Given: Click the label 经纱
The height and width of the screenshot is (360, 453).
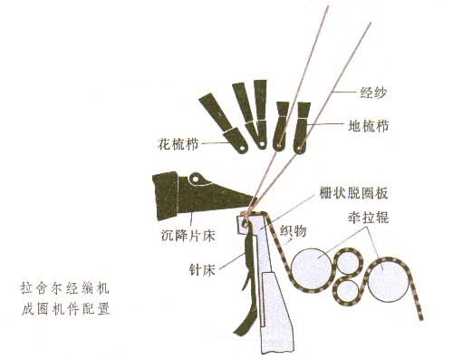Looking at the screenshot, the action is [373, 92].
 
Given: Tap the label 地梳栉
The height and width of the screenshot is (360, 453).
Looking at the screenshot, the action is [369, 126].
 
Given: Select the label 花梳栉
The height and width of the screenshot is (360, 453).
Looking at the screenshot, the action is [178, 144].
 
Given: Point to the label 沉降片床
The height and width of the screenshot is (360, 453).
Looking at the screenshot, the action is [188, 236].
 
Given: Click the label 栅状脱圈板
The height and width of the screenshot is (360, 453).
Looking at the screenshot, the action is [354, 193].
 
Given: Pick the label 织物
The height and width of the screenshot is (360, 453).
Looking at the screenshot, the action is [294, 231].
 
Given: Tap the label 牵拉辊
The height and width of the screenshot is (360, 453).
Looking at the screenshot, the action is [368, 218].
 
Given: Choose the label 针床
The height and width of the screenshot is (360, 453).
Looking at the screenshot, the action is [202, 269].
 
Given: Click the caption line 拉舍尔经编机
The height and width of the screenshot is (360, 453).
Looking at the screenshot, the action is [64, 288].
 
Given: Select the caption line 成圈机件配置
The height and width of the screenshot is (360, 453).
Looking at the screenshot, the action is [65, 309].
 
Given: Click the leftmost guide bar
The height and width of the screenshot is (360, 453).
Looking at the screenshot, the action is [224, 122].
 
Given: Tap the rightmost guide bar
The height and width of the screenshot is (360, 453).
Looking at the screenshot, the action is [303, 128].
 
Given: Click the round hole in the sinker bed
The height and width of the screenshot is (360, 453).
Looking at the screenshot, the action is [196, 179].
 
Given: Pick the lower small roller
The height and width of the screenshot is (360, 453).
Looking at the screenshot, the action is [348, 291].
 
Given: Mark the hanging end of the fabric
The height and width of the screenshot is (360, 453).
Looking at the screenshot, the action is [421, 318].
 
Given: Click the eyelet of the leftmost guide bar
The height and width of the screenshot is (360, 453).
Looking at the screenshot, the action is [241, 149].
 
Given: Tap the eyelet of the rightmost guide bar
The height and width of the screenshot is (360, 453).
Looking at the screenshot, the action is [299, 149].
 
